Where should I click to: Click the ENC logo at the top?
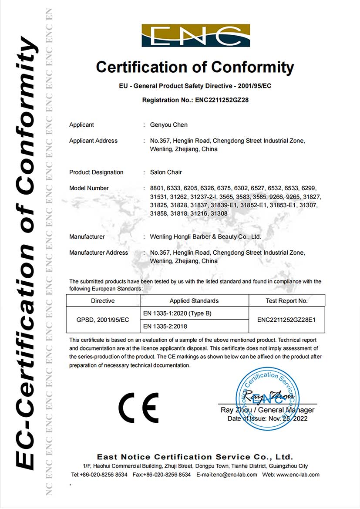(x=195, y=36)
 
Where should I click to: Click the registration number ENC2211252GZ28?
(x=222, y=100)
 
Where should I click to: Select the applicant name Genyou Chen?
(x=169, y=125)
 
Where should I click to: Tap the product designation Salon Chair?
(x=166, y=172)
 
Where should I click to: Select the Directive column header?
(x=103, y=301)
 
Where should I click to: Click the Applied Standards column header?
(x=194, y=301)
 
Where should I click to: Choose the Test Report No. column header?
(x=286, y=301)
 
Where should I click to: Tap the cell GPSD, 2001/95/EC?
(x=103, y=320)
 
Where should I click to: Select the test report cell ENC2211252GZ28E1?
(x=286, y=320)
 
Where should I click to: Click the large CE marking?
(x=138, y=407)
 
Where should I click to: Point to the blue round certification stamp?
(x=268, y=398)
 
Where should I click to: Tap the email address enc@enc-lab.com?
(x=235, y=475)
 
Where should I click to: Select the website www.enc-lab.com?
(x=297, y=475)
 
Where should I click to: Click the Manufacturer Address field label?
(x=98, y=253)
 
